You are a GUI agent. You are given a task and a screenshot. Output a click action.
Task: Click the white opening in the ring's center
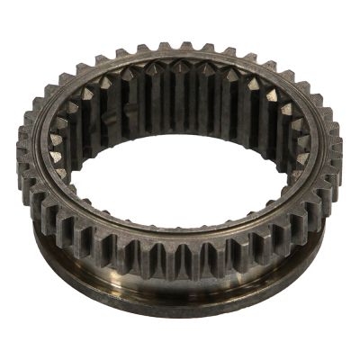pyautogui.click(x=180, y=180)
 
